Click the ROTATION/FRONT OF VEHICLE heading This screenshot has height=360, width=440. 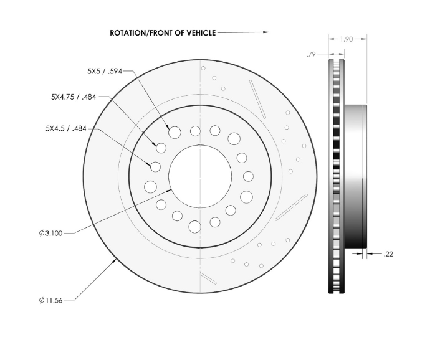point(163,33)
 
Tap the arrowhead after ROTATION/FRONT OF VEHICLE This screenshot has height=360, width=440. point(265,32)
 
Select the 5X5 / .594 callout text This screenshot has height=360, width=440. point(105,72)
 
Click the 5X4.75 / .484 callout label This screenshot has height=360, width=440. point(74,97)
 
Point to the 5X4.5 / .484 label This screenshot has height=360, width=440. point(66,129)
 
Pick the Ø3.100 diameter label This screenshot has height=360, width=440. point(50,234)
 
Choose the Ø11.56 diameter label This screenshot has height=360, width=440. point(50,301)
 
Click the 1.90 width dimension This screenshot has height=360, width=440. point(347,39)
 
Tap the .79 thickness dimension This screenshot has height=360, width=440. point(311,54)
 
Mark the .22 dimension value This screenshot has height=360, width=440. point(388,254)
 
